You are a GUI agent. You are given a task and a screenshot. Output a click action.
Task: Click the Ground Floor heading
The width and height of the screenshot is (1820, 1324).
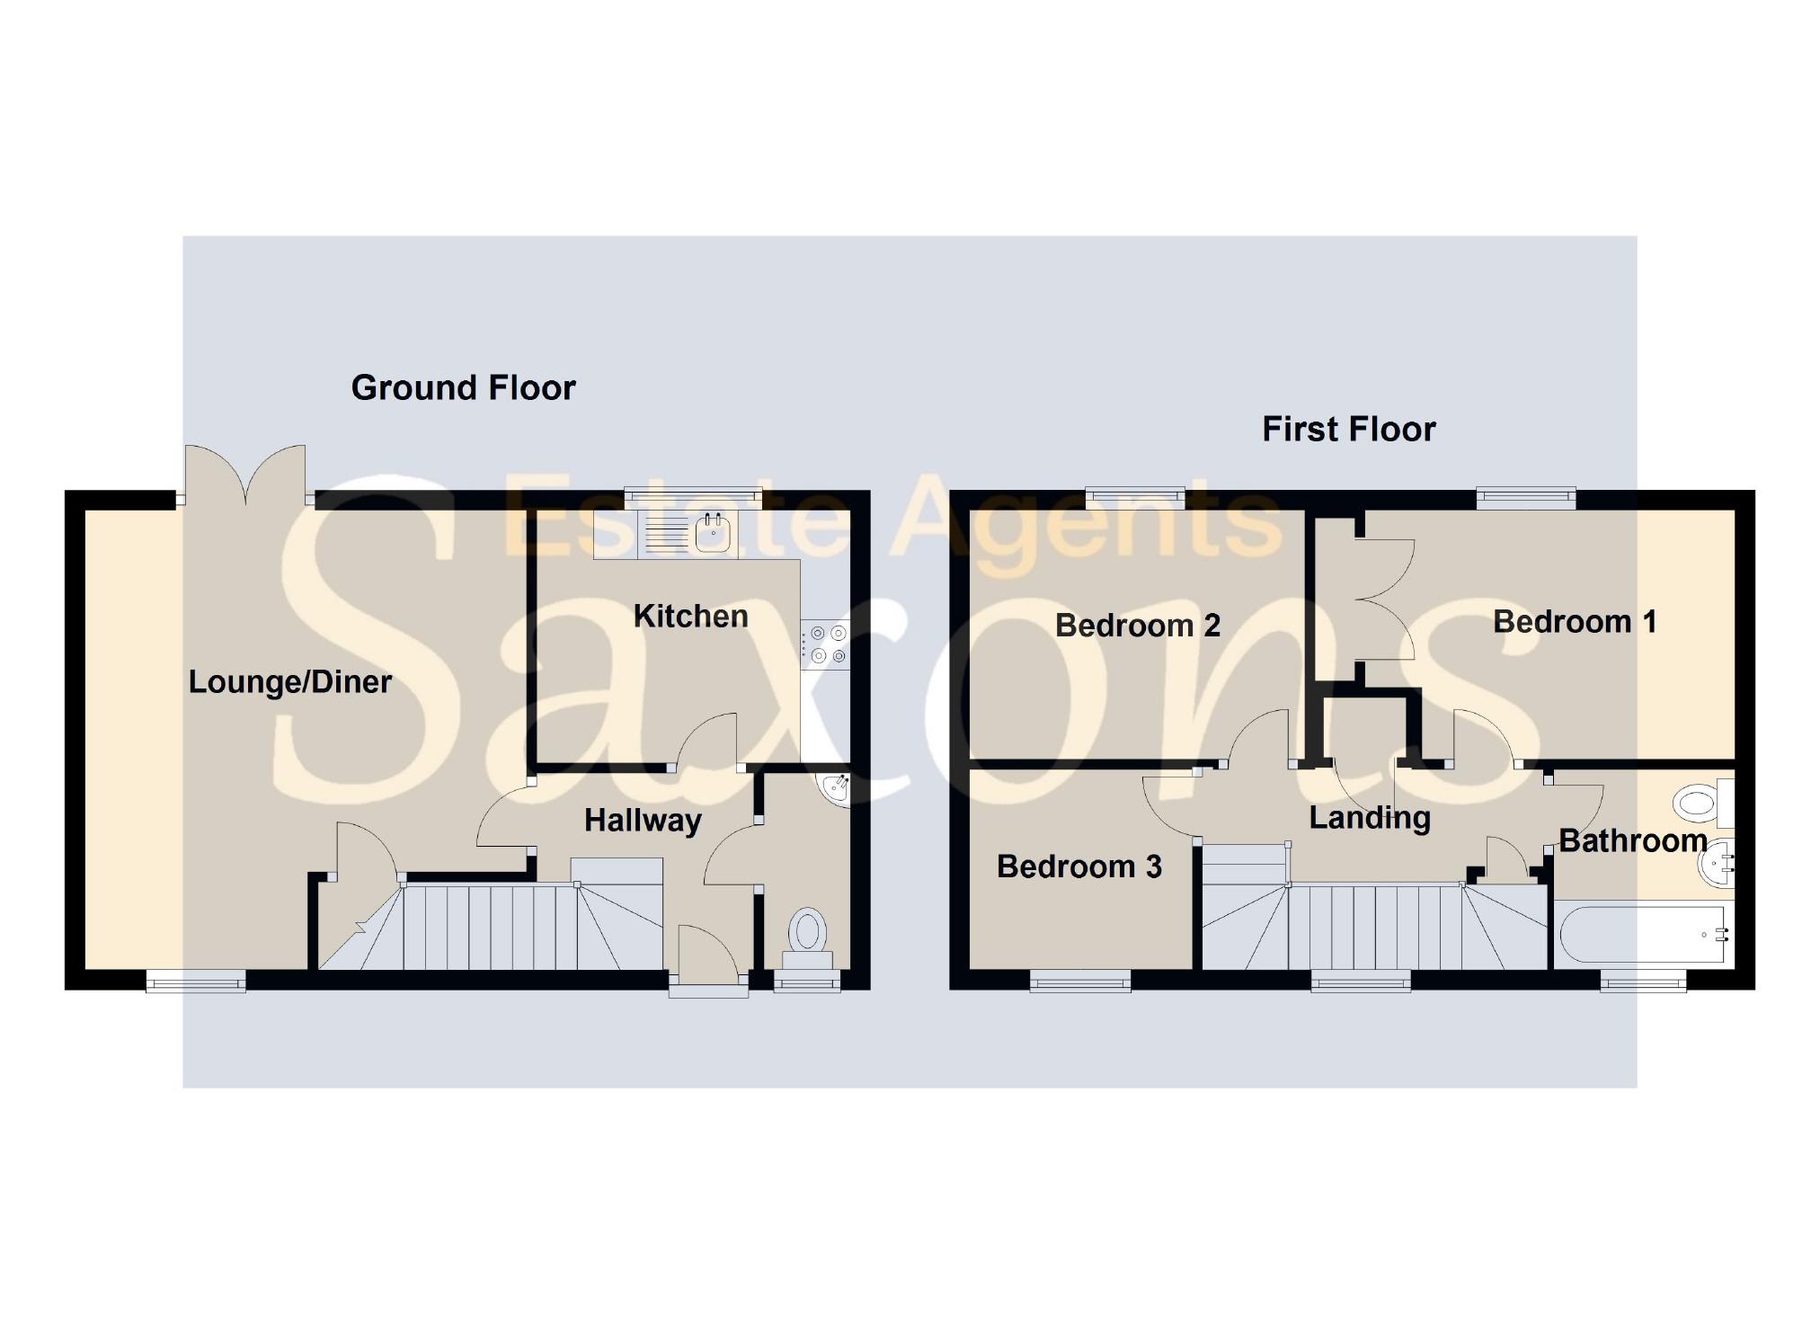463,387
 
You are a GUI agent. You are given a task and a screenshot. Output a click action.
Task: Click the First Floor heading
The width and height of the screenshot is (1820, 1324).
1348,429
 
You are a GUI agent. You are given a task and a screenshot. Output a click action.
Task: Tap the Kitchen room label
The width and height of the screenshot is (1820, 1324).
690,616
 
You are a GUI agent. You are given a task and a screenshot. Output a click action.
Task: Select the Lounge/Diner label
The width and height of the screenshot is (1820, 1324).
289,681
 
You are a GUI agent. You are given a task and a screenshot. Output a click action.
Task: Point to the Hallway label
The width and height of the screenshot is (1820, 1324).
643,820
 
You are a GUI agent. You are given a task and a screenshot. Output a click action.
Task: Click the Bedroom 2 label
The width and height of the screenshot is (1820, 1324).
1137,625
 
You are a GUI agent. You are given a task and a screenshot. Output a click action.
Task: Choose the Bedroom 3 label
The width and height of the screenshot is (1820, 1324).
1079,866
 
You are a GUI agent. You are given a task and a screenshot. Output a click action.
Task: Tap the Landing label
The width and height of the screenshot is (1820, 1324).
1369,817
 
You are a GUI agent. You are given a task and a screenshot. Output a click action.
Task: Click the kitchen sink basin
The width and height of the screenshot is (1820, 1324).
714,534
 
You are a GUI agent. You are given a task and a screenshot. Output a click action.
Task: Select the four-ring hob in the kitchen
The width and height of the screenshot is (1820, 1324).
825,645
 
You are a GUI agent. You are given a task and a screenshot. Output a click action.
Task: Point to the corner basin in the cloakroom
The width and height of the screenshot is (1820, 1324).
836,788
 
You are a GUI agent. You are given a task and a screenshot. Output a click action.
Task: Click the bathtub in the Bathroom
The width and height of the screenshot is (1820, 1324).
1640,935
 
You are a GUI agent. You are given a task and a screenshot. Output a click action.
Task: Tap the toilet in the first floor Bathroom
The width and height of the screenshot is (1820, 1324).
1700,802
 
